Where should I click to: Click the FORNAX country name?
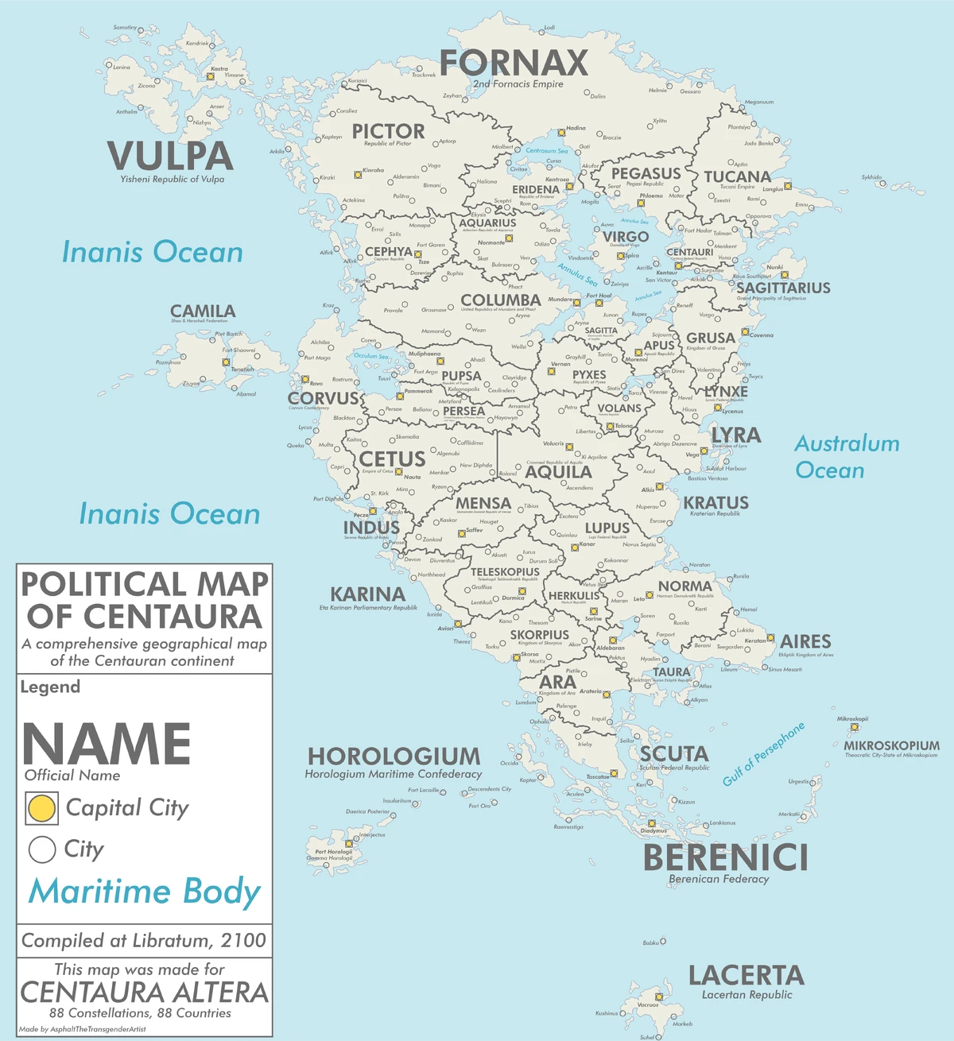tap(514, 63)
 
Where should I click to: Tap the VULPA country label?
tap(170, 156)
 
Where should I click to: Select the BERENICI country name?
tap(725, 858)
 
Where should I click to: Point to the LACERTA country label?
tap(746, 976)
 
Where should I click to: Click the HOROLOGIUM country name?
tap(394, 757)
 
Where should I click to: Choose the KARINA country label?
tap(367, 594)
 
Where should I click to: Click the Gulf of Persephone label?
tap(763, 754)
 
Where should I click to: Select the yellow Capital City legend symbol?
tap(41, 808)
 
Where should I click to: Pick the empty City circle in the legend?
tap(41, 849)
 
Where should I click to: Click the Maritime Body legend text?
tap(144, 891)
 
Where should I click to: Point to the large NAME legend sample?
tap(106, 745)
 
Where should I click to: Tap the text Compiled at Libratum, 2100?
tap(144, 941)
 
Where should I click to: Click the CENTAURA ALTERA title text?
tap(144, 993)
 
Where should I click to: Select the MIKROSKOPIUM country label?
tap(891, 745)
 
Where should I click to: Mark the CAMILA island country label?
tap(203, 312)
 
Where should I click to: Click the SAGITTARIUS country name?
tap(783, 288)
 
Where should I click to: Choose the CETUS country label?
tap(392, 459)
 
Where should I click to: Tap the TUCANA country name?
tap(737, 176)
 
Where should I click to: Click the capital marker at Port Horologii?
tap(349, 844)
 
